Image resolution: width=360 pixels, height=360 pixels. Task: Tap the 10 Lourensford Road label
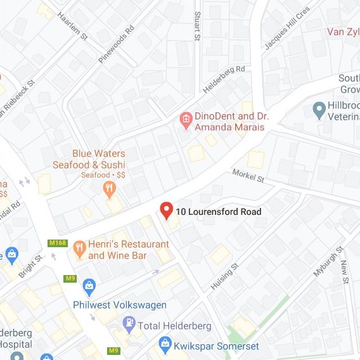(x=219, y=212)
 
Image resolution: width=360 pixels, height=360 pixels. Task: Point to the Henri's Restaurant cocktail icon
(x=79, y=248)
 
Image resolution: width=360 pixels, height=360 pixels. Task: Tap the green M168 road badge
(x=57, y=243)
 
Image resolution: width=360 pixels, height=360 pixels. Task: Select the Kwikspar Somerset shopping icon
(x=165, y=345)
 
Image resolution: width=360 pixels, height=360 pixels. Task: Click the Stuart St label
(x=198, y=25)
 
